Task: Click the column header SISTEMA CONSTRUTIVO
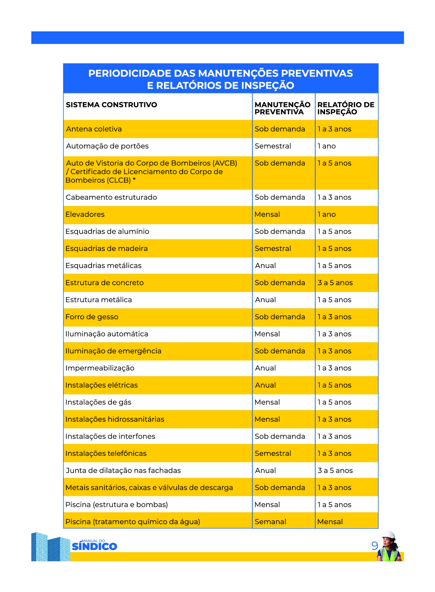coord(111,105)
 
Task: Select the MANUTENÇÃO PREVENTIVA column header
coord(282,108)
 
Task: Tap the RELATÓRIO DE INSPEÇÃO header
coord(346,108)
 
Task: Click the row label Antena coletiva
coord(94,129)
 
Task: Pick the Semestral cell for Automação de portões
coord(273,146)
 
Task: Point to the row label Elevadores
coord(85,215)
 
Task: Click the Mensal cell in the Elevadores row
coord(267,215)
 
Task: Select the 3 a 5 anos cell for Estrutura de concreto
coord(335,283)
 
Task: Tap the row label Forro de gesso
coord(92,317)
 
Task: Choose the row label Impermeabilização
coord(100,368)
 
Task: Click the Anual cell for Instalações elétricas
coord(265,385)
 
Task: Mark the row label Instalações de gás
coord(98,402)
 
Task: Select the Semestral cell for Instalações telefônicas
coord(273,453)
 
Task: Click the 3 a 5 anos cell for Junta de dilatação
coord(335,471)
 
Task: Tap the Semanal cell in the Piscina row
coord(270,522)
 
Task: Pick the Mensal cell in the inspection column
coord(330,522)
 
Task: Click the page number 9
coord(375,546)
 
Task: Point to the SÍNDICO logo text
coord(95,547)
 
